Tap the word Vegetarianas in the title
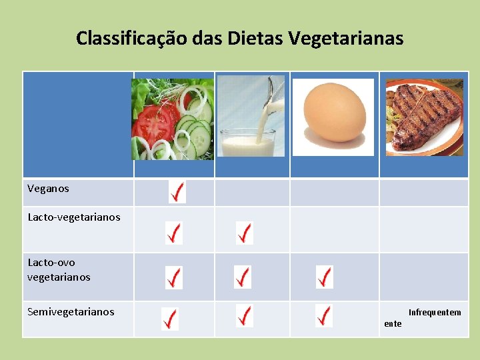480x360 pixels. pyautogui.click(x=347, y=39)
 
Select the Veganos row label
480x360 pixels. pyautogui.click(x=48, y=189)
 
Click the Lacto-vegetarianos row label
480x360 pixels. pyautogui.click(x=74, y=217)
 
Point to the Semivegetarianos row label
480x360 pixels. pyautogui.click(x=71, y=311)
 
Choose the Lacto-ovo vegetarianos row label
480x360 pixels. pyautogui.click(x=59, y=269)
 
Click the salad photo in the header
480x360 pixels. pyautogui.click(x=173, y=119)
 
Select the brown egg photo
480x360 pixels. pyautogui.click(x=334, y=116)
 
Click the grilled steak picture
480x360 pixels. pyautogui.click(x=424, y=116)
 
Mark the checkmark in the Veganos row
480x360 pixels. pyautogui.click(x=177, y=192)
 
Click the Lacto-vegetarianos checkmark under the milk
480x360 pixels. pyautogui.click(x=245, y=233)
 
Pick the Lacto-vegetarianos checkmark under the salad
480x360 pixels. pyautogui.click(x=173, y=233)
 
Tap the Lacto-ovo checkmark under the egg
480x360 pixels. pyautogui.click(x=324, y=277)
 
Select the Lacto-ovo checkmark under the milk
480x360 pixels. pyautogui.click(x=243, y=277)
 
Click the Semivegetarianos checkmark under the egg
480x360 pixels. pyautogui.click(x=324, y=315)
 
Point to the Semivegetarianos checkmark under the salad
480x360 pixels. pyautogui.click(x=170, y=319)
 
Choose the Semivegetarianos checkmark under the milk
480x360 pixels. pyautogui.click(x=245, y=315)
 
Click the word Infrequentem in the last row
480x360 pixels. pyautogui.click(x=435, y=313)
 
